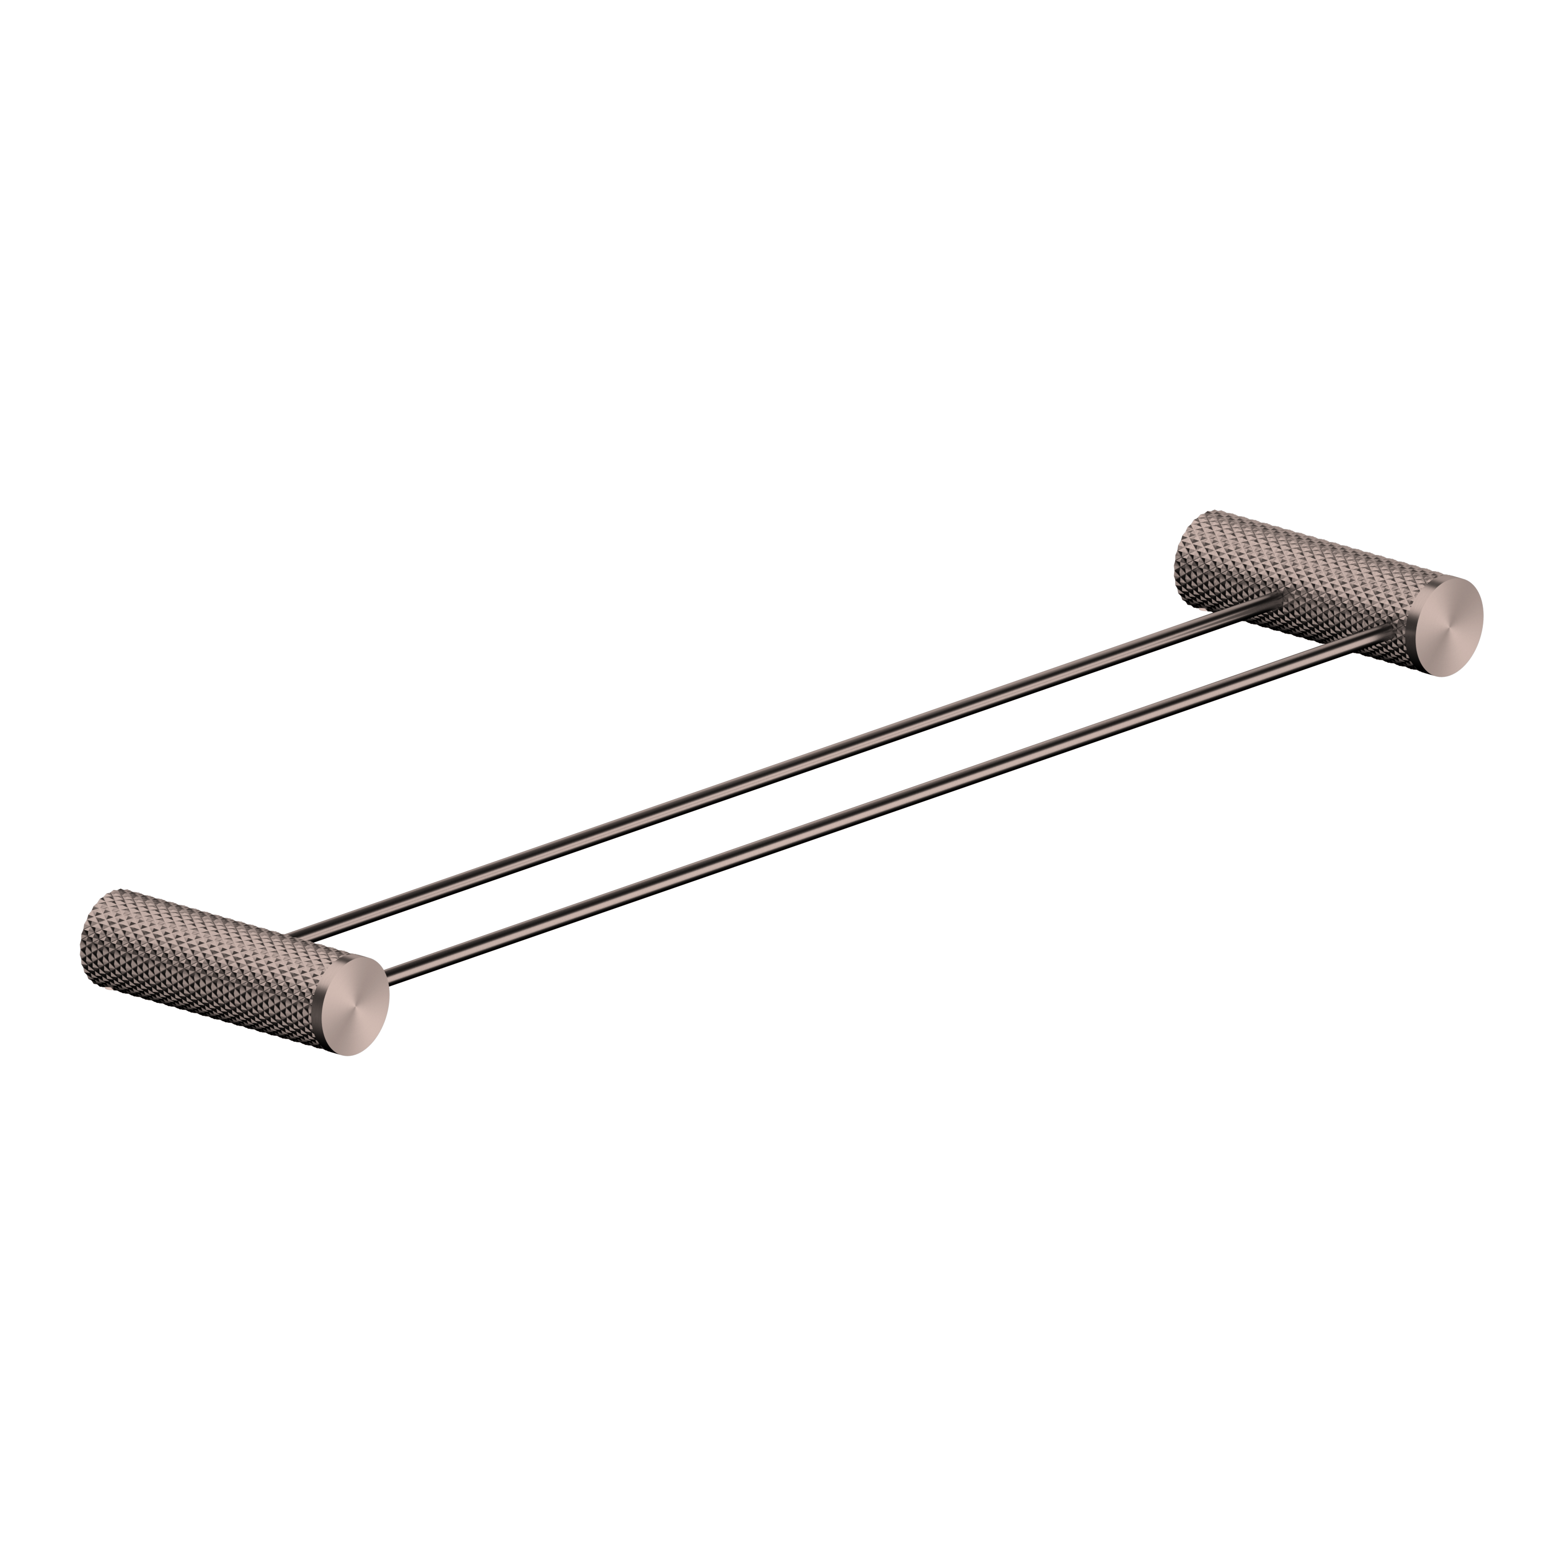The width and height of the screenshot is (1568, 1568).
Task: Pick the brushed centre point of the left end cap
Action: [355, 1006]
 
